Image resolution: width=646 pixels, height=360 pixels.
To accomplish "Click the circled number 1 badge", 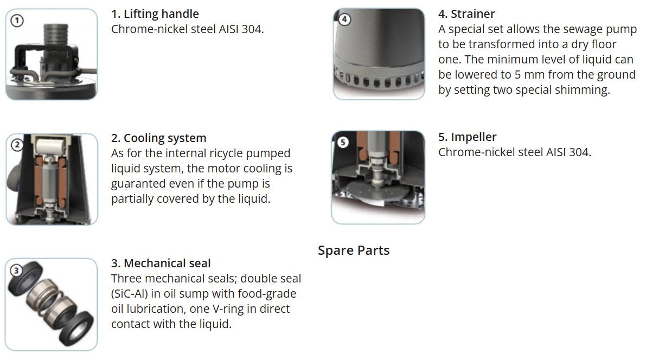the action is pos(17,21).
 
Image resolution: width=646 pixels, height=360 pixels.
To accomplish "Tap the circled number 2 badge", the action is pos(17,145).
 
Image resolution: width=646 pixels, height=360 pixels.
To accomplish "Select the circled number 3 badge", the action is pos(16,270).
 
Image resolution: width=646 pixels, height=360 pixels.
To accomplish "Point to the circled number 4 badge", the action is pos(344,19).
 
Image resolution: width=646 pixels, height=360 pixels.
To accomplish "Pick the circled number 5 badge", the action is pos(343,143).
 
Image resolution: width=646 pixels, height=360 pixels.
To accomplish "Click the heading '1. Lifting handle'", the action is pos(155,14).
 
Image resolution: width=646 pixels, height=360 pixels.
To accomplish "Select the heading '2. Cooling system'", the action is pos(158,138).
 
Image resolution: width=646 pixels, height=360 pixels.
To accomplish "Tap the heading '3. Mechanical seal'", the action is pos(161,263).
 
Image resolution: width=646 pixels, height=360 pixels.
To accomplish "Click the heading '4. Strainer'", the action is pos(466,14).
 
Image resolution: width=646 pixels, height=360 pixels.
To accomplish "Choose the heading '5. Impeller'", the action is pos(467,137).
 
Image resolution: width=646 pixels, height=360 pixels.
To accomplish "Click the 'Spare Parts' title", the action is pos(354,250).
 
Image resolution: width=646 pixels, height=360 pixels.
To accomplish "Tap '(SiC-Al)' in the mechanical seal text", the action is pos(130,294).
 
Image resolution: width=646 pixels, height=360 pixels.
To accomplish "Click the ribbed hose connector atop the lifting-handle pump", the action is pos(56,33).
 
